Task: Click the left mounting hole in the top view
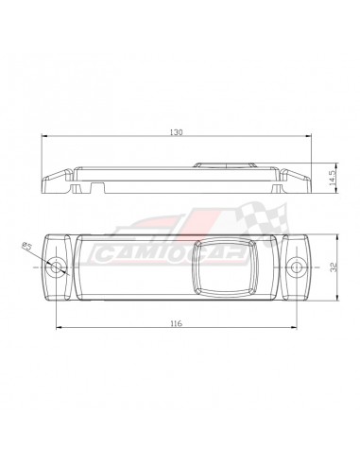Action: pos(58,267)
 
